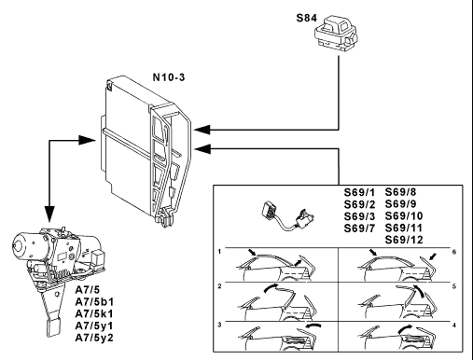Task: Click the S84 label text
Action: pos(307,18)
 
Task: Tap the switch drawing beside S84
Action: pos(336,35)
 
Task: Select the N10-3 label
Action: pos(169,77)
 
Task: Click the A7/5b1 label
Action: pos(94,301)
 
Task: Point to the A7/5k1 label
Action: pos(94,313)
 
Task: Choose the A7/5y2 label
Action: pos(94,338)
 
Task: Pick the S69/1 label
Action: pos(359,192)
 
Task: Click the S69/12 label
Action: pos(404,240)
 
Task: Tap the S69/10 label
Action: pos(404,215)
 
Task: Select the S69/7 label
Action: pos(359,228)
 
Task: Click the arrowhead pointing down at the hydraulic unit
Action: pos(49,214)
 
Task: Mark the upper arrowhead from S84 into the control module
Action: pos(202,130)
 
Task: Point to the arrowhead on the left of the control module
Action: pos(87,140)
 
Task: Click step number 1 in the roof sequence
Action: pos(219,251)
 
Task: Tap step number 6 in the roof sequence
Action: pos(454,252)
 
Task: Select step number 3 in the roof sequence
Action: pos(219,325)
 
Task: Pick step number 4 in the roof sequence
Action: pos(454,325)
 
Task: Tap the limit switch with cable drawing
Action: pos(286,216)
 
